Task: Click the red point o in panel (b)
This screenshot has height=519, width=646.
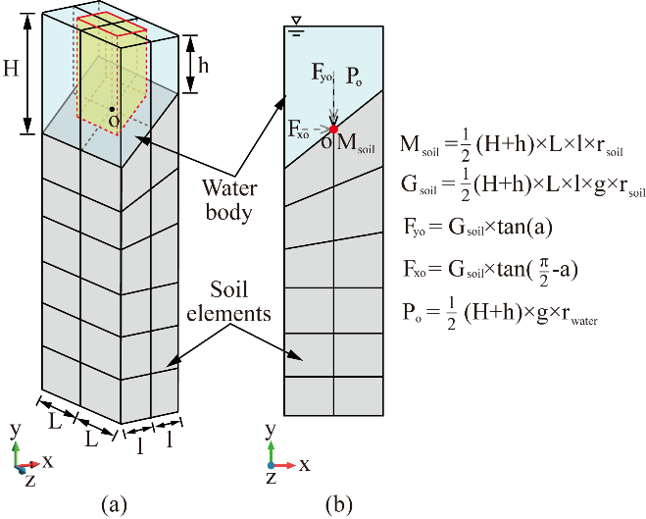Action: (333, 129)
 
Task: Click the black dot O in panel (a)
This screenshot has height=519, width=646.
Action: (113, 109)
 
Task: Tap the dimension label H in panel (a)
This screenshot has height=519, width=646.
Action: (11, 70)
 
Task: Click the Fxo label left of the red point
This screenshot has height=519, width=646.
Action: (300, 128)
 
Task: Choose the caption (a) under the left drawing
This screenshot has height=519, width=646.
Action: (115, 504)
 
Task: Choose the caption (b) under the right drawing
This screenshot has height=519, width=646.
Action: (339, 504)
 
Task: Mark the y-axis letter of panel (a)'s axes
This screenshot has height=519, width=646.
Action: (14, 431)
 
